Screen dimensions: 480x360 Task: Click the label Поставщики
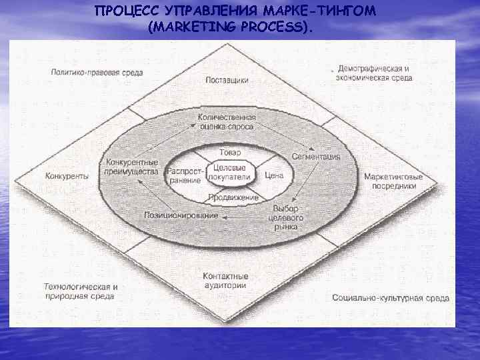227,80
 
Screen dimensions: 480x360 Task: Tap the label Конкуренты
67,176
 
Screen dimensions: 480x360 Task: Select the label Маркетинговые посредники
393,181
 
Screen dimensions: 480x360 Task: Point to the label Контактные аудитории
225,280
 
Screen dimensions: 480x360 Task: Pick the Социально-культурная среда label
390,298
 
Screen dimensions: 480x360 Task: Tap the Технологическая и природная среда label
81,291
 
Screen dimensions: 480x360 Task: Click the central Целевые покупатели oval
229,173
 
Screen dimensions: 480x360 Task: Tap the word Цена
274,176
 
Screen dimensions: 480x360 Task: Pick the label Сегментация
315,156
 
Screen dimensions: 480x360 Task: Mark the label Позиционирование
181,216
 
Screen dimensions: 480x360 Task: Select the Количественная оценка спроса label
227,122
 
